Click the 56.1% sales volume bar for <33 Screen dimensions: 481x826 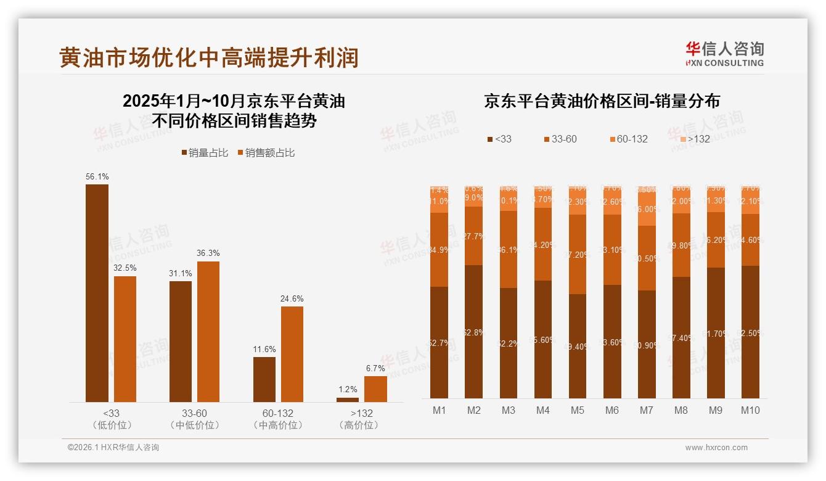click(x=97, y=293)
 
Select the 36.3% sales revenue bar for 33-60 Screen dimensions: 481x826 click(x=208, y=332)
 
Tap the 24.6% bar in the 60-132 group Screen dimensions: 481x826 click(x=292, y=354)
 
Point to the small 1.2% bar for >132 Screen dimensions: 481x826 click(x=348, y=400)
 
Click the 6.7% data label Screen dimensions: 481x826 click(x=375, y=368)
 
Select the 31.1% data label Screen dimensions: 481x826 click(x=180, y=273)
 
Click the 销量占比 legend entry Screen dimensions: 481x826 click(x=205, y=152)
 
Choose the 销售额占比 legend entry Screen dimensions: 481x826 click(x=266, y=152)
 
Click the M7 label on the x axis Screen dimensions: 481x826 click(x=647, y=410)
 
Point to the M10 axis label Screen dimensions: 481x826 click(x=750, y=410)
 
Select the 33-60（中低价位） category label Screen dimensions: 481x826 click(x=194, y=419)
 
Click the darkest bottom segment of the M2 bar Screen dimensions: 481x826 click(x=473, y=332)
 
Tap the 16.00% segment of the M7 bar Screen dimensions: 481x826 click(x=647, y=208)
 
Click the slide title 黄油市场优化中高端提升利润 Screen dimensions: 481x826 click(x=208, y=57)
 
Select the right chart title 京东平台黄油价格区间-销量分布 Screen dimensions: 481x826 click(x=602, y=101)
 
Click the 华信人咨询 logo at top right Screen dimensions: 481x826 click(x=724, y=54)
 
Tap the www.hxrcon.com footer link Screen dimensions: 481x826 click(x=716, y=448)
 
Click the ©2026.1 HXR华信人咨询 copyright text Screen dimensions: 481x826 click(x=113, y=448)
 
